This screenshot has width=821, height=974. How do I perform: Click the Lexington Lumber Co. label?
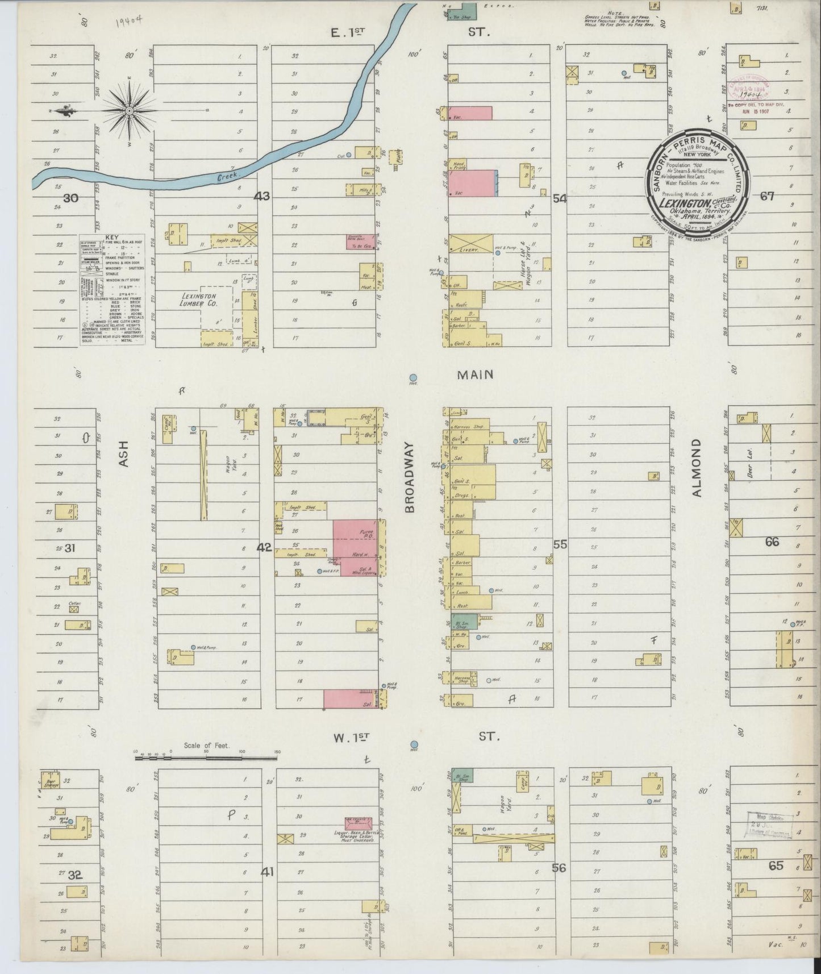click(x=199, y=299)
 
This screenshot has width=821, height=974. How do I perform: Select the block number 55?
click(x=560, y=544)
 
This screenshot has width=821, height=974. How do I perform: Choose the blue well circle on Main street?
click(x=414, y=377)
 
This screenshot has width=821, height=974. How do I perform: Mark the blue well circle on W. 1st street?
click(x=414, y=744)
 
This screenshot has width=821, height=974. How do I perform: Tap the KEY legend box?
click(x=111, y=290)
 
